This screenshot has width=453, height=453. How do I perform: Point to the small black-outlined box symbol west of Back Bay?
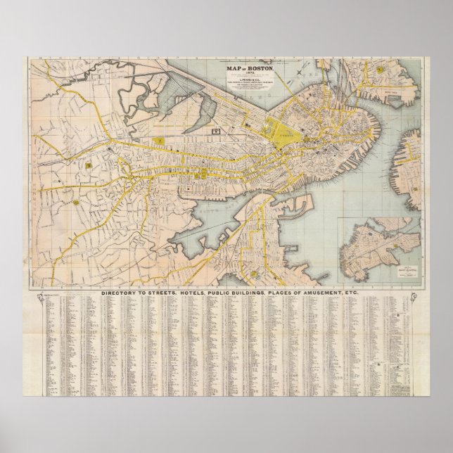[217, 130]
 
